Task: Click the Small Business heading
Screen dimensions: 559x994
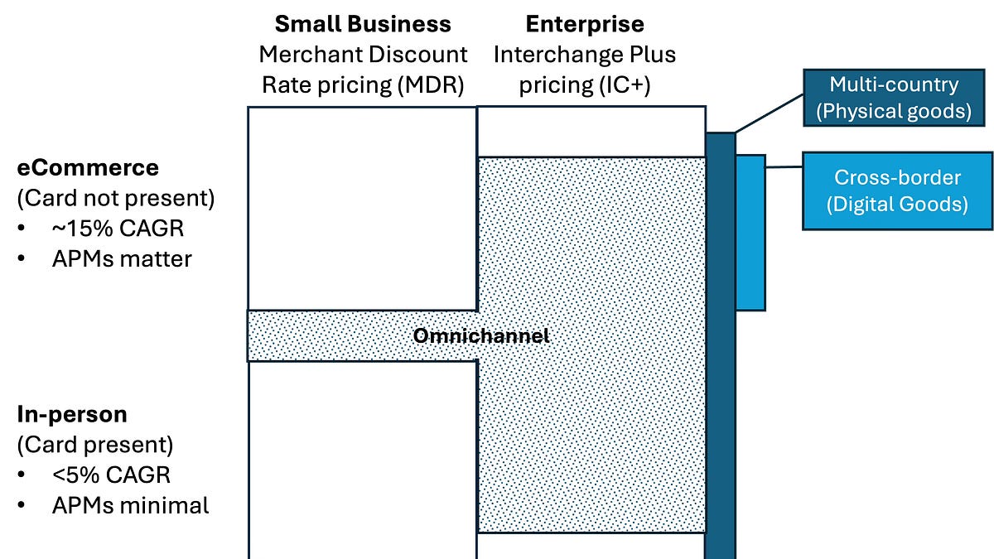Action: tap(363, 23)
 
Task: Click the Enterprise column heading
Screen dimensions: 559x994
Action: tap(585, 23)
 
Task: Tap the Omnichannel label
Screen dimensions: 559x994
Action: tap(480, 336)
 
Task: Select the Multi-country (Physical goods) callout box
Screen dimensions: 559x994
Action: tap(894, 98)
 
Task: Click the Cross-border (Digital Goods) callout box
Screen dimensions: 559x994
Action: tap(897, 190)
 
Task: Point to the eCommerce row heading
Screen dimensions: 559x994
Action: tap(88, 167)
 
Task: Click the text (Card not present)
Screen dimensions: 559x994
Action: tap(115, 199)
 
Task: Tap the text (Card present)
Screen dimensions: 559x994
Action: tap(95, 445)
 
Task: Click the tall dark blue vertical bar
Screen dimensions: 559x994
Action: tap(720, 348)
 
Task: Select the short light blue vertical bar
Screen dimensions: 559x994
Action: tap(750, 232)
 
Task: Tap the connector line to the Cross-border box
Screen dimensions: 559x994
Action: tap(784, 167)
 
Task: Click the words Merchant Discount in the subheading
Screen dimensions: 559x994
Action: tap(363, 55)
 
